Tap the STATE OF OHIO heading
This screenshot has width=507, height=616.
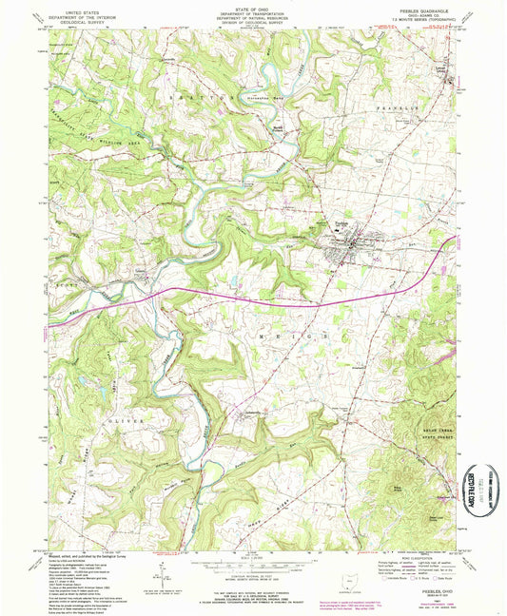point(251,7)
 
